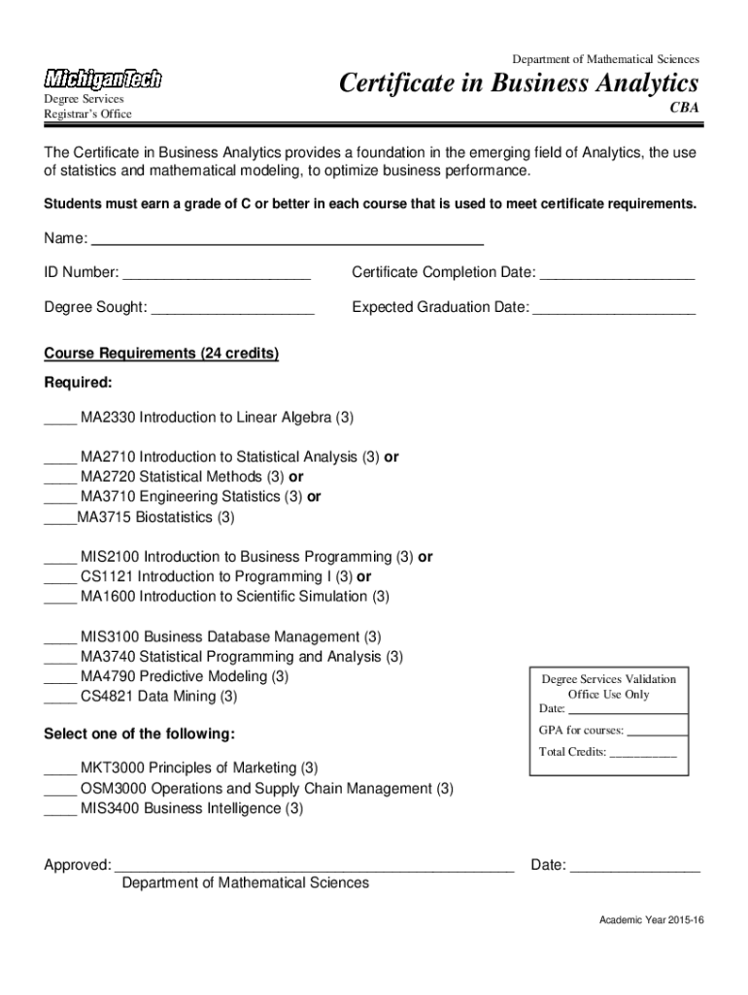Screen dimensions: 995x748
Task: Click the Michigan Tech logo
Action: (x=102, y=80)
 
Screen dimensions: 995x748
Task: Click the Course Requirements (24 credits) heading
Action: (x=161, y=354)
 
